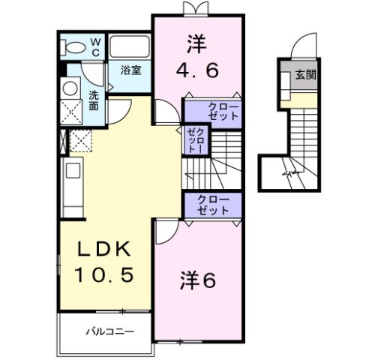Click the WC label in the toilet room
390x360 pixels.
click(95, 47)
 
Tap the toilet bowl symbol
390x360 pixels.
click(74, 47)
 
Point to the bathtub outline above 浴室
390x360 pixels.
click(131, 47)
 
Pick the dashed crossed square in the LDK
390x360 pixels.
click(79, 139)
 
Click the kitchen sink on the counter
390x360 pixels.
click(73, 171)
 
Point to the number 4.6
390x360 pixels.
click(198, 71)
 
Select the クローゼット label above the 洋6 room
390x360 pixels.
click(214, 205)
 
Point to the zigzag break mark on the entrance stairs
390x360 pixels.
click(289, 173)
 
